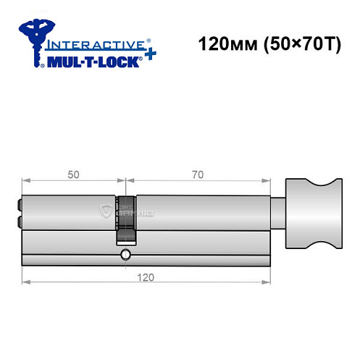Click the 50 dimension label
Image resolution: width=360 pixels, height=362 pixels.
[72, 174]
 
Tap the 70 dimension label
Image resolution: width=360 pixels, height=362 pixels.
[196, 174]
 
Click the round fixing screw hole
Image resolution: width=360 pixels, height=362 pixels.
[126, 254]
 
